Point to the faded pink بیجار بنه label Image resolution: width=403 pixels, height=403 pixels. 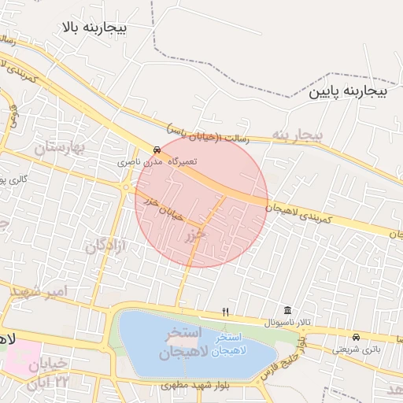point(298,135)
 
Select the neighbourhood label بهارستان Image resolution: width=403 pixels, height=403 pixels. point(64,146)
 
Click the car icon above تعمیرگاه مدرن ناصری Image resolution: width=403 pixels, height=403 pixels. point(157,149)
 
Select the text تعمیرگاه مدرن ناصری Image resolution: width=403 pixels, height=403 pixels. point(157,161)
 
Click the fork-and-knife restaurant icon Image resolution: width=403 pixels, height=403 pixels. point(226,312)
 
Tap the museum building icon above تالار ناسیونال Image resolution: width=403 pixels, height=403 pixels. point(287,311)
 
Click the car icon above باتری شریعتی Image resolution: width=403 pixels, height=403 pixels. point(356,334)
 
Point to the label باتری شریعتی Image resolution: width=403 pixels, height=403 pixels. point(355,346)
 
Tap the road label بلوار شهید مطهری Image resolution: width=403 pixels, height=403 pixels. point(199,386)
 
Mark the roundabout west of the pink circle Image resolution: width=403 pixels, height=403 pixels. point(126,187)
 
